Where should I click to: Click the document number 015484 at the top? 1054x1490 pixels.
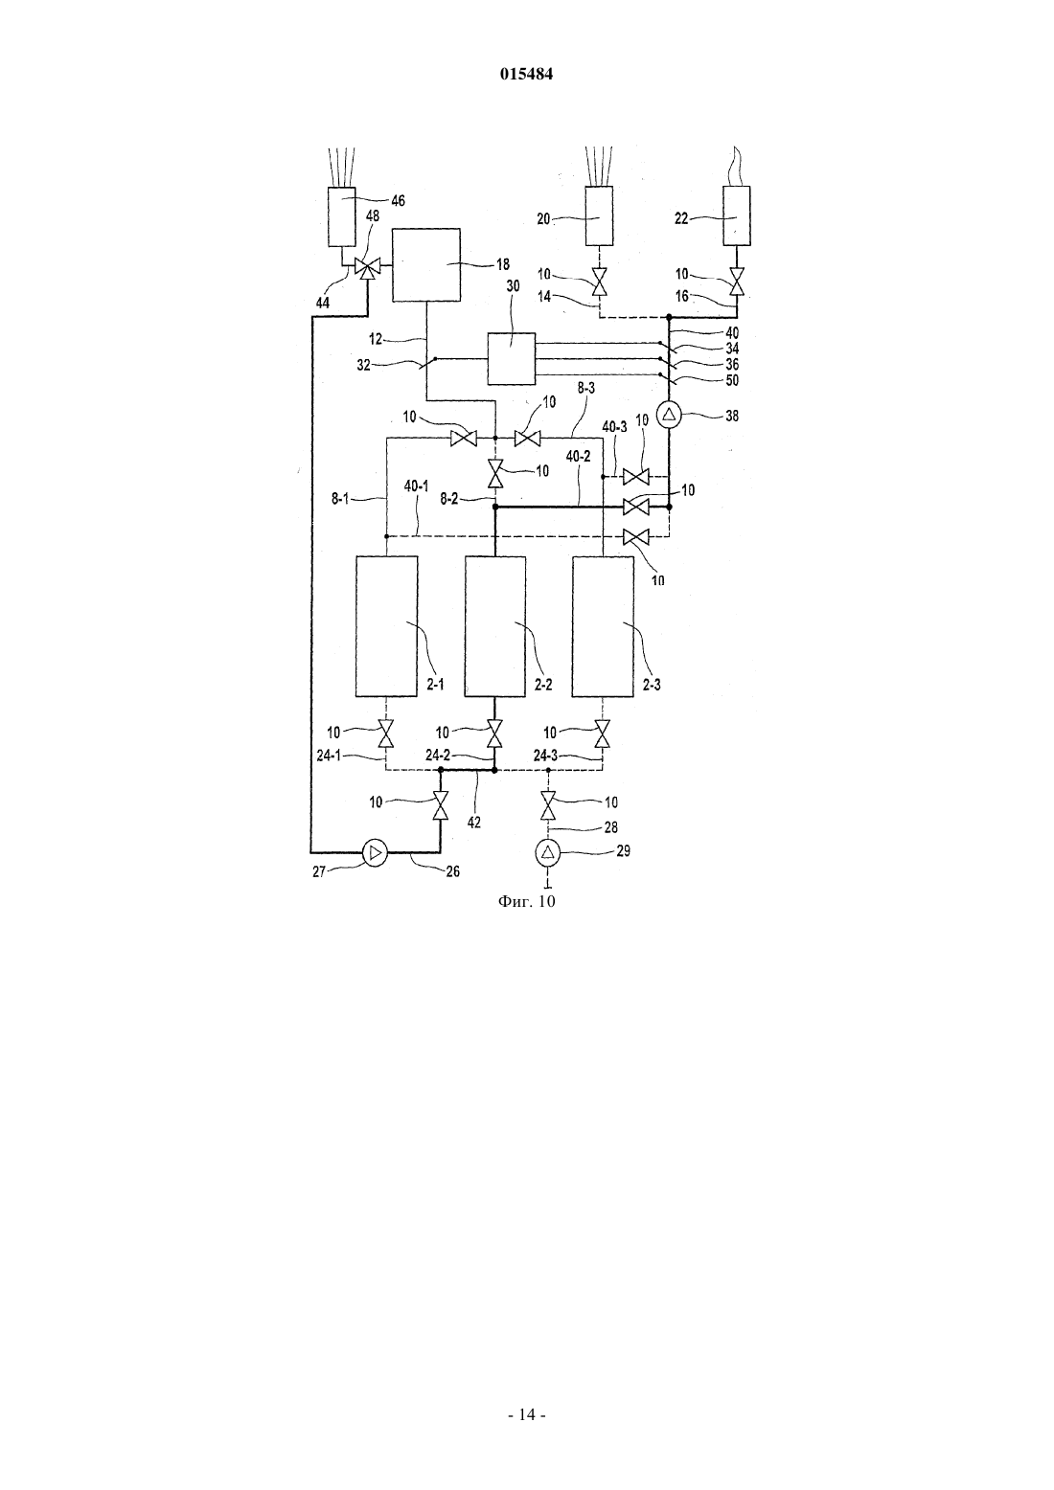pos(526,74)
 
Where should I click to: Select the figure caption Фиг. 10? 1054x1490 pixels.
pos(526,901)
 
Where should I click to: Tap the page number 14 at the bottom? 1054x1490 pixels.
pos(526,1414)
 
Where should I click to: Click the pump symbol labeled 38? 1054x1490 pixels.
pos(670,416)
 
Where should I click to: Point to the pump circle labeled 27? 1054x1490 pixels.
pos(375,852)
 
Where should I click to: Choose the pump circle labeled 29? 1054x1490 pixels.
pos(548,852)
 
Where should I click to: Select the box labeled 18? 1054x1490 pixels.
pos(425,264)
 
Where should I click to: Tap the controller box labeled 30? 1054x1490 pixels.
pos(511,358)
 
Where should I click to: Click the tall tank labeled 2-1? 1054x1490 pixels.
pos(386,626)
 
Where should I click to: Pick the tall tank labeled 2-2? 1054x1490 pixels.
pos(495,626)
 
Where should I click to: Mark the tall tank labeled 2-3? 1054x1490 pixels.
pos(603,626)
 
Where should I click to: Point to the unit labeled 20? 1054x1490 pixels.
pos(599,216)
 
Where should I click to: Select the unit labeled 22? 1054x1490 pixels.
pos(737,216)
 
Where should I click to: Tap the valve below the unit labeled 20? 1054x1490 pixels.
pos(599,282)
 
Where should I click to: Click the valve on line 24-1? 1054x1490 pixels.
pos(386,734)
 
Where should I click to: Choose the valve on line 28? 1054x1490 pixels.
pos(548,804)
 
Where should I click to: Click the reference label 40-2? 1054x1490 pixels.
pos(578,457)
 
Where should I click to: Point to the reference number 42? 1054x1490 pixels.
pos(473,823)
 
